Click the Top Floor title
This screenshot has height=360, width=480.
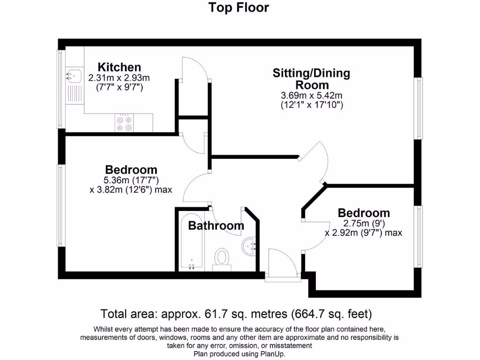pyautogui.click(x=239, y=8)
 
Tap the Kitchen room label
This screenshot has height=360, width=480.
pyautogui.click(x=119, y=67)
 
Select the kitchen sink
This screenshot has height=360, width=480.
pyautogui.click(x=73, y=74)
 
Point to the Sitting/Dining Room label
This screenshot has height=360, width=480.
pyautogui.click(x=311, y=79)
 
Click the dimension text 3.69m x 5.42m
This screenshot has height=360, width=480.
pyautogui.click(x=311, y=96)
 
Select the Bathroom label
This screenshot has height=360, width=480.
pyautogui.click(x=216, y=226)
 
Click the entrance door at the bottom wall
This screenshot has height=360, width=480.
pyautogui.click(x=282, y=265)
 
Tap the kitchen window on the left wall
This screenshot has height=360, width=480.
pyautogui.click(x=60, y=89)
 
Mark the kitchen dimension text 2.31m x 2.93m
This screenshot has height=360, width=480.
pyautogui.click(x=119, y=77)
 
